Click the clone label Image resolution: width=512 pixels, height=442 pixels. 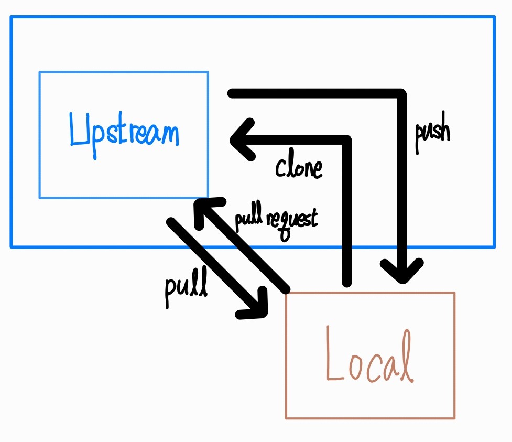click(299, 168)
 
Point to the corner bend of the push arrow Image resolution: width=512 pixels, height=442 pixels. click(401, 95)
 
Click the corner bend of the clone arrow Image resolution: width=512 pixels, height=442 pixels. click(346, 140)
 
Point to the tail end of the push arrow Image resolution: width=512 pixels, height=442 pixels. click(231, 93)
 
